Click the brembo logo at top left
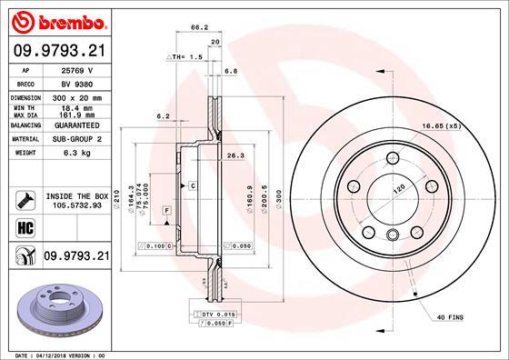tap(57, 19)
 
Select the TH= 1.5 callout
tap(185, 55)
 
